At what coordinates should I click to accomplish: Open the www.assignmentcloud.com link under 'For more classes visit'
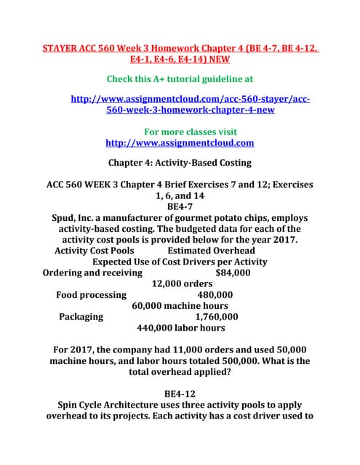point(180,143)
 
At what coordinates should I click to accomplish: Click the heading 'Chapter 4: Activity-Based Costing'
point(180,162)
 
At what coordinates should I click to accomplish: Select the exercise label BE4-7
point(180,207)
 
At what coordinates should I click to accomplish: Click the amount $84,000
point(233,273)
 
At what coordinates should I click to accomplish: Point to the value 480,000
point(215,295)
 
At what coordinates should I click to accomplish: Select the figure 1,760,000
point(217,317)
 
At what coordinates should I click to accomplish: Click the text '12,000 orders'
point(183,284)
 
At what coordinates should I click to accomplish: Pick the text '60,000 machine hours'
point(180,306)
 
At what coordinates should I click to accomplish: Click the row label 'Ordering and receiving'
point(93,273)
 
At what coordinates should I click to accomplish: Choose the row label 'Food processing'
point(91,295)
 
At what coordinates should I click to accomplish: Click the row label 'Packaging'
point(81,317)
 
